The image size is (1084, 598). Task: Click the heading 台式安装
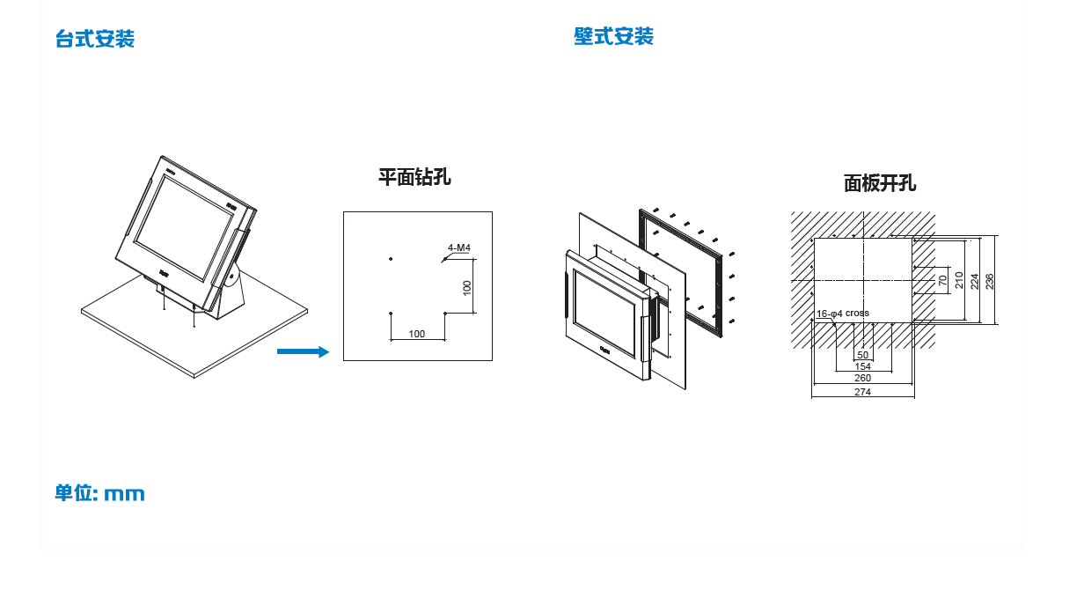coord(94,39)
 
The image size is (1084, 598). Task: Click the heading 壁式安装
coord(613,36)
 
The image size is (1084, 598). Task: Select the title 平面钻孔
coord(414,176)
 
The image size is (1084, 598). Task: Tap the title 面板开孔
coord(880,182)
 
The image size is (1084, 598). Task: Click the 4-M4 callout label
coord(458,247)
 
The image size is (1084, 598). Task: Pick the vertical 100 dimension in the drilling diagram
coord(467,287)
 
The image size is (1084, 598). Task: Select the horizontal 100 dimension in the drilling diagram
coord(417,334)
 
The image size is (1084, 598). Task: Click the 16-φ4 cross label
coord(843,313)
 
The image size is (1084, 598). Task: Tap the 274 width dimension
coord(862,392)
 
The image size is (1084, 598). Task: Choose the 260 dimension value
coord(862,378)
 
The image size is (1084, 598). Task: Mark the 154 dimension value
coord(862,366)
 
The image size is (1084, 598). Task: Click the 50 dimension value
coord(862,355)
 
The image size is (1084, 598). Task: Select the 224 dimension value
coord(974,281)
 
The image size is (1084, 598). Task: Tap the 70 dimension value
coord(943,281)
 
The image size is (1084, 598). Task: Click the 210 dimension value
coord(959,281)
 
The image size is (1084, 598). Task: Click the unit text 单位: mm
coord(99,493)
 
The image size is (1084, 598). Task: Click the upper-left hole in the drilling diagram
coord(390,259)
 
